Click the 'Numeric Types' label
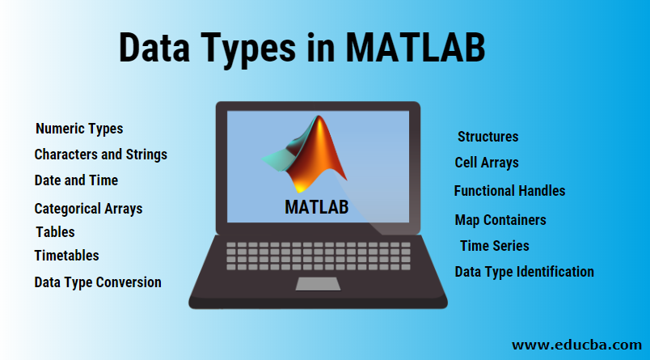pos(79,129)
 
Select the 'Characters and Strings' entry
pos(101,155)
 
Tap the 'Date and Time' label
pos(76,180)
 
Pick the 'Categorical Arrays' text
pos(88,209)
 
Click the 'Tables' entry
pos(55,232)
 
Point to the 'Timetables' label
pos(67,256)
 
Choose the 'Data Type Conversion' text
pos(98,282)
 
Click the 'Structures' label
pos(488,137)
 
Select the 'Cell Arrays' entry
pos(487,163)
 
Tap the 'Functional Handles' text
pos(509,191)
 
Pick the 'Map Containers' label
pos(500,220)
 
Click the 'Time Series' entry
pos(495,246)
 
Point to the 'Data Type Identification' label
pos(525,272)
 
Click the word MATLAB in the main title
pos(416,48)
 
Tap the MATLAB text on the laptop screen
pos(317,207)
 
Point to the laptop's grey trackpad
pos(318,284)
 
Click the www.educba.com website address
pos(576,345)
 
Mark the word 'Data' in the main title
pos(154,48)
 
